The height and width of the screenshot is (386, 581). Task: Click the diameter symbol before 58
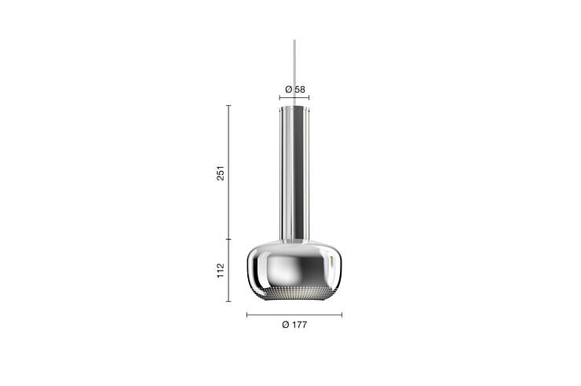289,89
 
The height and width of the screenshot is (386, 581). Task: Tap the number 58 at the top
300,89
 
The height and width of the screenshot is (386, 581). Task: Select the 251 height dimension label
221,173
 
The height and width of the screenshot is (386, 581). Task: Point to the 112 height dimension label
221,271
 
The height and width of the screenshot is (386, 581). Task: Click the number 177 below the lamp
299,325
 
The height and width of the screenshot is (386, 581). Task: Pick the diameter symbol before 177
285,325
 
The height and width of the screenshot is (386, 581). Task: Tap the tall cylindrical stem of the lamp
294,174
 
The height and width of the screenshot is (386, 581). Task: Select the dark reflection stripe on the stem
298,174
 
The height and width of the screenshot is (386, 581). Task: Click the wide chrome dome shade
294,270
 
